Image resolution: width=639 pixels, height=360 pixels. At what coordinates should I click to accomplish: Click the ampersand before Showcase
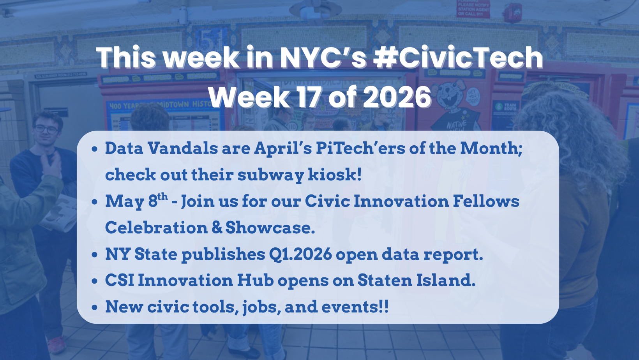click(x=217, y=228)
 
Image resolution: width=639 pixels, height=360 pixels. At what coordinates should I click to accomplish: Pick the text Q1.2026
click(x=300, y=254)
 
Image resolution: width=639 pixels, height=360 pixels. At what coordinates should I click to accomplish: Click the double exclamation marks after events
click(x=384, y=307)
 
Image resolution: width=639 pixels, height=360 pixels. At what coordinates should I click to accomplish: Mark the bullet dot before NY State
click(x=95, y=255)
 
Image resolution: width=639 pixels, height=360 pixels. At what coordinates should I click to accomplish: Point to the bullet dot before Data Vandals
click(x=95, y=149)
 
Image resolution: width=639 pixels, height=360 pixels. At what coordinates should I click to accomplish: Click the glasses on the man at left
click(x=46, y=129)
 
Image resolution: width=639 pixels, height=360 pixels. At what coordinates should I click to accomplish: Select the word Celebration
click(x=156, y=228)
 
